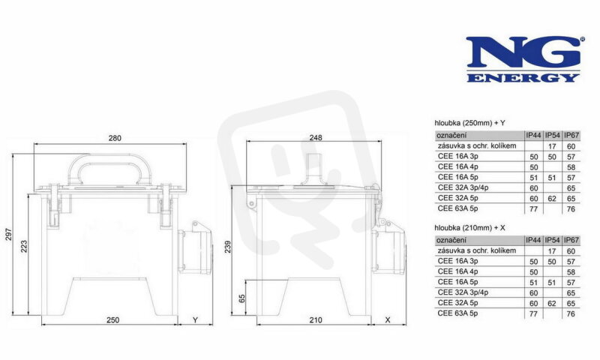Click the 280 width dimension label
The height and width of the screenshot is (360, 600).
(x=115, y=138)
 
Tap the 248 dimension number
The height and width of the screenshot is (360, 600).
(x=316, y=137)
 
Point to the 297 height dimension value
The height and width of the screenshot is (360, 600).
(x=9, y=234)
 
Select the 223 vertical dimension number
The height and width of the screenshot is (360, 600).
(x=24, y=247)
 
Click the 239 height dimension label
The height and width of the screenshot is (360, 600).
(x=228, y=247)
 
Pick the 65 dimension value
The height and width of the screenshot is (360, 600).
(x=241, y=298)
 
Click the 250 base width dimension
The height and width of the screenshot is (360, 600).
(x=113, y=319)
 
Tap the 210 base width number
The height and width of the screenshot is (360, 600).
(x=316, y=319)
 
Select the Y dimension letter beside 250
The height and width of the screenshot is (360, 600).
(x=195, y=319)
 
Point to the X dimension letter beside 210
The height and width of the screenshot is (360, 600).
(x=388, y=319)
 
